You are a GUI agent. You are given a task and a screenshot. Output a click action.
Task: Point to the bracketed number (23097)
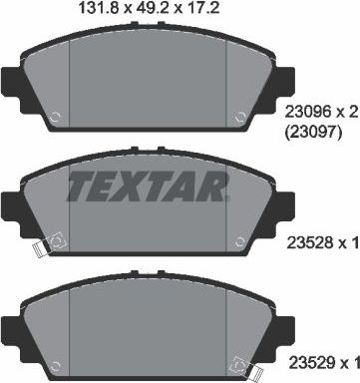click(312, 133)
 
